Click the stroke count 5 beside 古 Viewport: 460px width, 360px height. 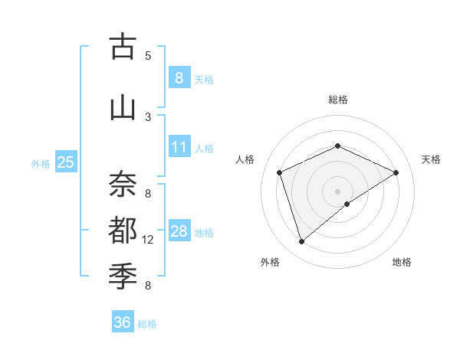(148, 56)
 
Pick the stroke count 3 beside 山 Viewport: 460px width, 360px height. (148, 116)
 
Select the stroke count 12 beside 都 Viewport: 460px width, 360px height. (148, 240)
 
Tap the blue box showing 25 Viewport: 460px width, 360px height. (65, 162)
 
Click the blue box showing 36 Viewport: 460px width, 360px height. (122, 322)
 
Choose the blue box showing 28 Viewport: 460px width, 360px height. (179, 231)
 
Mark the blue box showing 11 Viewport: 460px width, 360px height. (179, 147)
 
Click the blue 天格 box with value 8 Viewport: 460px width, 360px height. (179, 77)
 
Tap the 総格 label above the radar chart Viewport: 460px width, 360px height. (337, 100)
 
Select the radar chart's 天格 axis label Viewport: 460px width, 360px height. (431, 159)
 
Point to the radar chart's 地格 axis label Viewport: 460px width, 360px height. (402, 262)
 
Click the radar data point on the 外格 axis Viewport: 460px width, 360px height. (301, 242)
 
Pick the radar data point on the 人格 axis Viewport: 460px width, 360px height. (280, 172)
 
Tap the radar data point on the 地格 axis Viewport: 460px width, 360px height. (347, 204)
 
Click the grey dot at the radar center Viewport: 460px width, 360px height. (337, 191)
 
